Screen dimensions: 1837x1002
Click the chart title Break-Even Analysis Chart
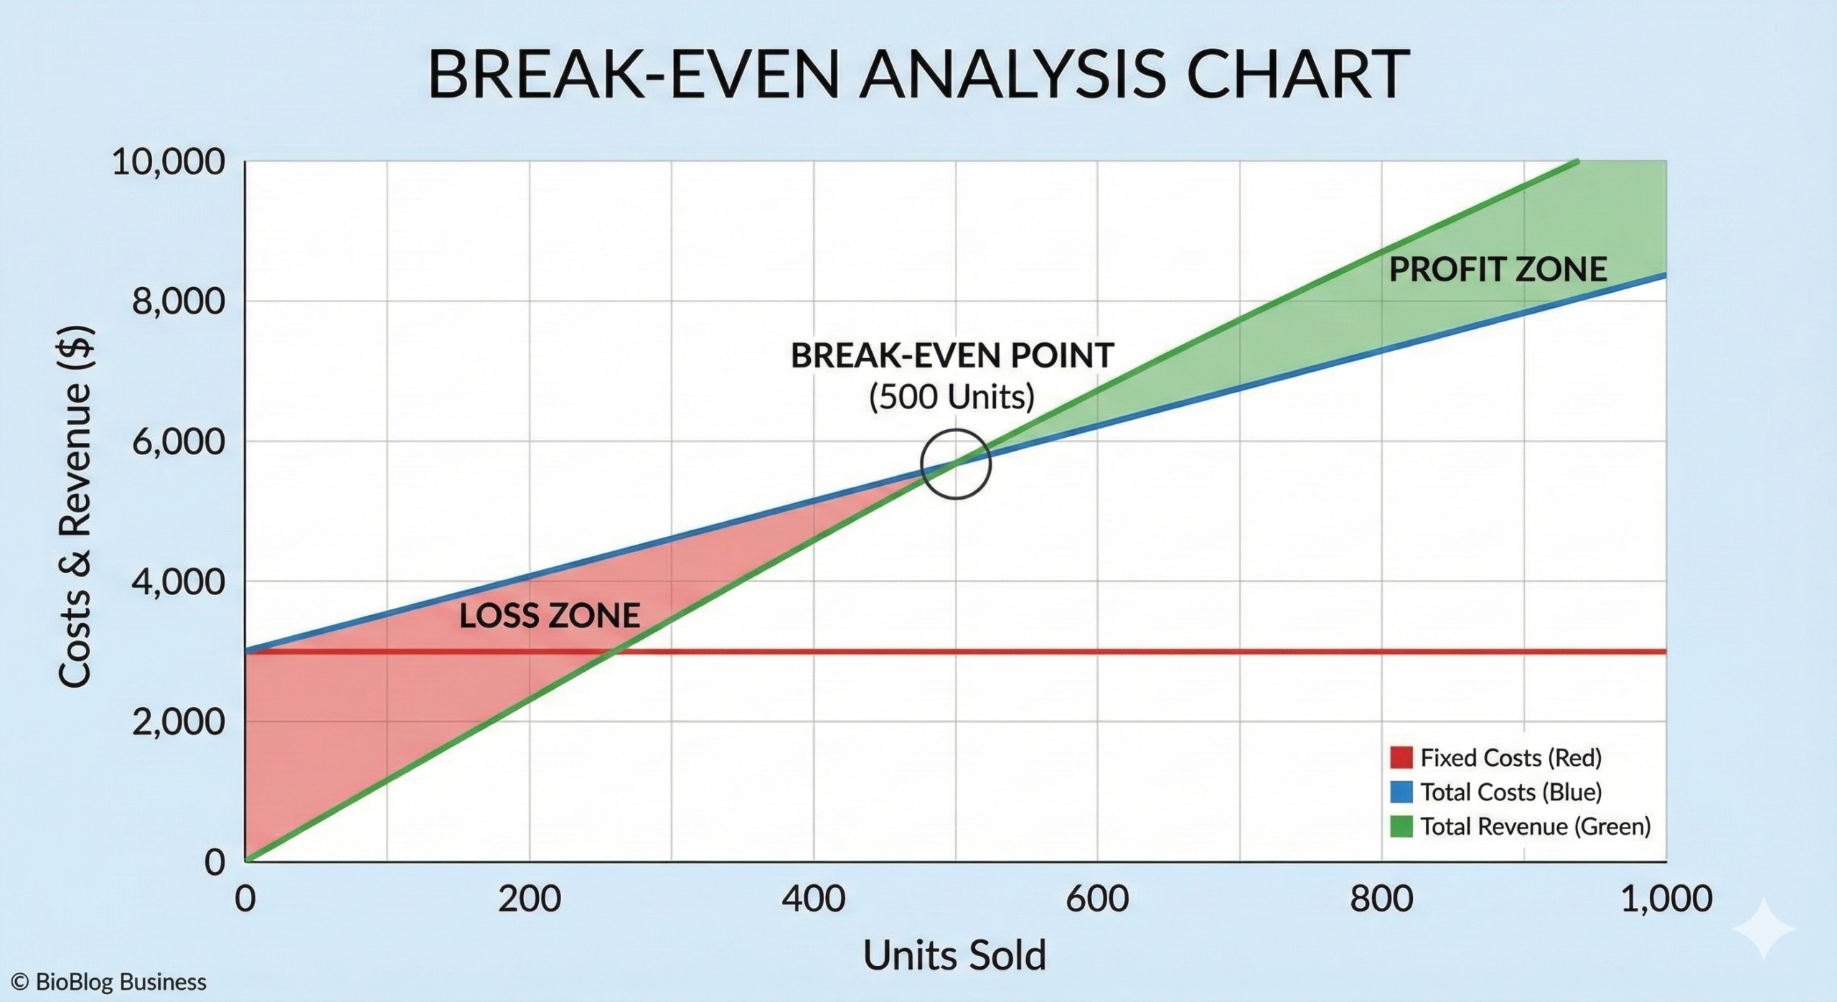tap(918, 74)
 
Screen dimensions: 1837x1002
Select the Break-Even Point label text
tap(952, 355)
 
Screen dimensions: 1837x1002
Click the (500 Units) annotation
tap(952, 397)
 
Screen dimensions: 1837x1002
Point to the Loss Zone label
tap(550, 616)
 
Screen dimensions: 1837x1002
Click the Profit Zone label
tap(1498, 270)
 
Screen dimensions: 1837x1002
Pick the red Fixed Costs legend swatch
tap(1401, 757)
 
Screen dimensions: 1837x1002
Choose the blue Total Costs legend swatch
tap(1401, 792)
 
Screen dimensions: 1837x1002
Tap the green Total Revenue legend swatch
tap(1401, 826)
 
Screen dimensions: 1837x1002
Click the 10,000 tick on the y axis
tap(169, 162)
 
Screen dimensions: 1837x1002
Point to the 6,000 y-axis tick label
tap(179, 441)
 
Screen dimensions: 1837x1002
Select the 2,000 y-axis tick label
tap(179, 721)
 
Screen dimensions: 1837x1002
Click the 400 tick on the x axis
tap(814, 899)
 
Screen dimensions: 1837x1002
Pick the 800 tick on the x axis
tap(1381, 899)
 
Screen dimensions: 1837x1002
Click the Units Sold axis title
tap(954, 955)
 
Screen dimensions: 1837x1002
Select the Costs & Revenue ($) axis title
tap(75, 507)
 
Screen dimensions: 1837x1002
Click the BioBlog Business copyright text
tap(109, 982)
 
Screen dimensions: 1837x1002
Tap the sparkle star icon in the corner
tap(1764, 928)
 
